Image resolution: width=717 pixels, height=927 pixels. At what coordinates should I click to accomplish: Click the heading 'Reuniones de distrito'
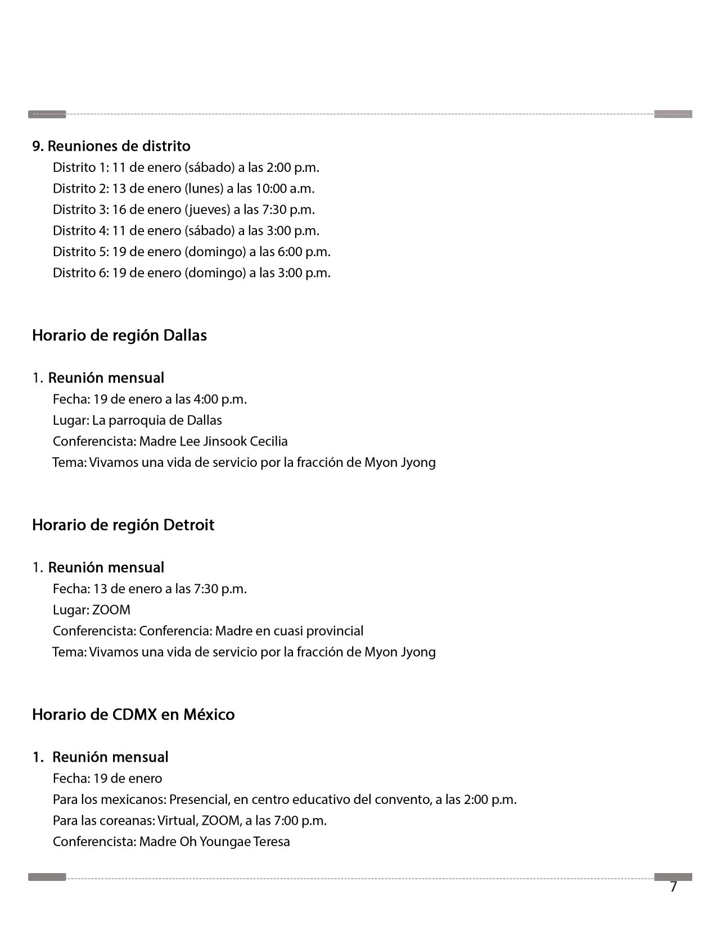coord(119,146)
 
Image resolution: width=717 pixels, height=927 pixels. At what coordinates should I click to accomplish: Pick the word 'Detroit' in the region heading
coord(188,525)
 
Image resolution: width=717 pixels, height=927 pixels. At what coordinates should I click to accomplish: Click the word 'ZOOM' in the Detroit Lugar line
coord(111,610)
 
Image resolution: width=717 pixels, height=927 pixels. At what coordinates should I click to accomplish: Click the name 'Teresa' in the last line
coord(272,842)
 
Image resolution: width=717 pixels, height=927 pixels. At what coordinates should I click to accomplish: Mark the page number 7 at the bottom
coord(673,887)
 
